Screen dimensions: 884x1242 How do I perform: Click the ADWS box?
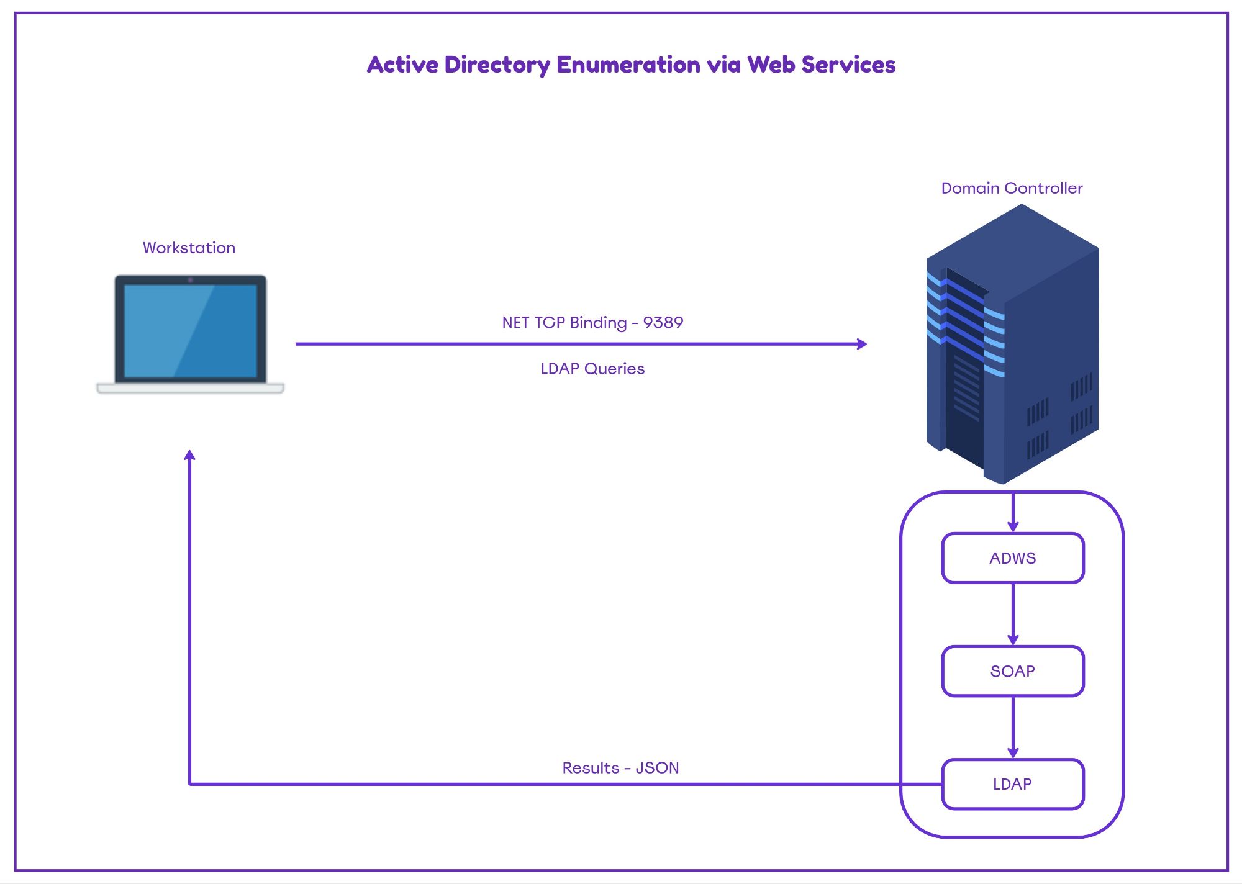click(x=1012, y=558)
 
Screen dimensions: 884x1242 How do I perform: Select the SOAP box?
click(x=1012, y=671)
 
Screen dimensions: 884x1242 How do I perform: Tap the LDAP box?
click(x=1012, y=784)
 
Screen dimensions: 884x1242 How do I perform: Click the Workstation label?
click(x=189, y=248)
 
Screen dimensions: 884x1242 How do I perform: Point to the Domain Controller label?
click(x=1012, y=188)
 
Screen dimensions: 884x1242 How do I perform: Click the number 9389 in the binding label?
click(x=663, y=322)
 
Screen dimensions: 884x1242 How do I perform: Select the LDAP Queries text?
click(x=592, y=369)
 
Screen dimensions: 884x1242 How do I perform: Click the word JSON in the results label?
click(x=657, y=768)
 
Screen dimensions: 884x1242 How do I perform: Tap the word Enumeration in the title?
click(x=628, y=65)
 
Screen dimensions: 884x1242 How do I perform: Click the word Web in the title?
click(x=771, y=65)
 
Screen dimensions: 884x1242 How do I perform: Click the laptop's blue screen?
click(x=190, y=330)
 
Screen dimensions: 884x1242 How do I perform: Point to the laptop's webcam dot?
click(x=190, y=280)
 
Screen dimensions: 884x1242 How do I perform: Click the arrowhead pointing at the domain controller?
click(x=862, y=344)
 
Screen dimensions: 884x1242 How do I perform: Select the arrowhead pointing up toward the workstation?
click(x=190, y=456)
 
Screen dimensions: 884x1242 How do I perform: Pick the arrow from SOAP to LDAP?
click(x=1013, y=726)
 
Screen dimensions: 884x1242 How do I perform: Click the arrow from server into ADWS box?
click(x=1013, y=513)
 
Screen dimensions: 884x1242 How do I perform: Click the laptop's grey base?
click(x=190, y=389)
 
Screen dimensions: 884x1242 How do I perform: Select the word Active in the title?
click(x=402, y=65)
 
